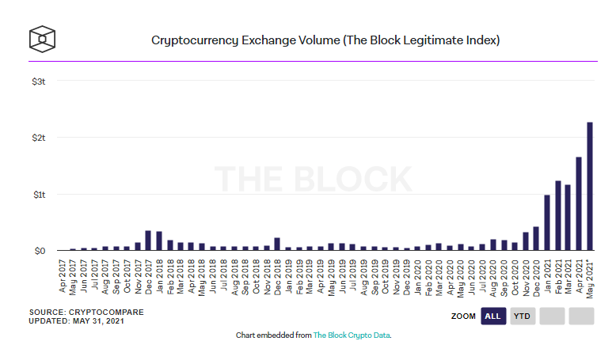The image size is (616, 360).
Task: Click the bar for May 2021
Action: [x=590, y=187]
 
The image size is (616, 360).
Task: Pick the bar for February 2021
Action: [x=557, y=216]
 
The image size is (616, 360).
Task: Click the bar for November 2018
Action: [x=277, y=244]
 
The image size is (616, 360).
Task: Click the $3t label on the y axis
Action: [x=39, y=81]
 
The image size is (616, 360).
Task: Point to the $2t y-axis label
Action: [x=39, y=138]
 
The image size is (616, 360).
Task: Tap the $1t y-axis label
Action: [x=39, y=194]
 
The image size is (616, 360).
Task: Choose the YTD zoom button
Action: [x=522, y=316]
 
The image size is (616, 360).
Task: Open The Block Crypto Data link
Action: [x=352, y=335]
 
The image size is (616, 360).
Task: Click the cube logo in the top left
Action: [x=42, y=38]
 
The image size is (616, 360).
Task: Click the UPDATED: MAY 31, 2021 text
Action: [x=76, y=320]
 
